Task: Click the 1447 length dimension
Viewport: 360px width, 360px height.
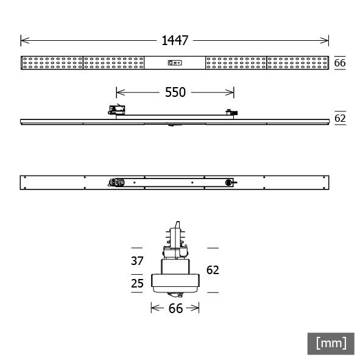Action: (175, 41)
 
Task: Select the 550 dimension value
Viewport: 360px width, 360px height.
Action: (175, 93)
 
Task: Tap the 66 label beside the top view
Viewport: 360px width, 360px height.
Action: (340, 63)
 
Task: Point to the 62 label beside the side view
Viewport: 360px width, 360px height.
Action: (340, 118)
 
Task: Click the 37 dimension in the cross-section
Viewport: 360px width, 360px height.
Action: (137, 261)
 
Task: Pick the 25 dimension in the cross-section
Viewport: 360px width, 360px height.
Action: (137, 283)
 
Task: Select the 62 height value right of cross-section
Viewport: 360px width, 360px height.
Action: (212, 270)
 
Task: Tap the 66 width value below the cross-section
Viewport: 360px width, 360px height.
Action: (175, 309)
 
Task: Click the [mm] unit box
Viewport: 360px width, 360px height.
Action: (331, 343)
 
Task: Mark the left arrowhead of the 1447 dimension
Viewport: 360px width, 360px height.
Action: (23, 41)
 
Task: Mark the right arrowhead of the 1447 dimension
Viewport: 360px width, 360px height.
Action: (326, 41)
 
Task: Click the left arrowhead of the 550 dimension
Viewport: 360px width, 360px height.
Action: (119, 93)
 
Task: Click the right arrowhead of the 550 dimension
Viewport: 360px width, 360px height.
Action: (231, 93)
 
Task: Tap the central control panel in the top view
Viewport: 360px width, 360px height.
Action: (175, 63)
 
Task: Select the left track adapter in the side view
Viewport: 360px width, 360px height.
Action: (116, 110)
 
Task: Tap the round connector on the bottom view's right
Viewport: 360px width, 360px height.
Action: (230, 182)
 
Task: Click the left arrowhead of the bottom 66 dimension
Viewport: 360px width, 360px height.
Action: (153, 309)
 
